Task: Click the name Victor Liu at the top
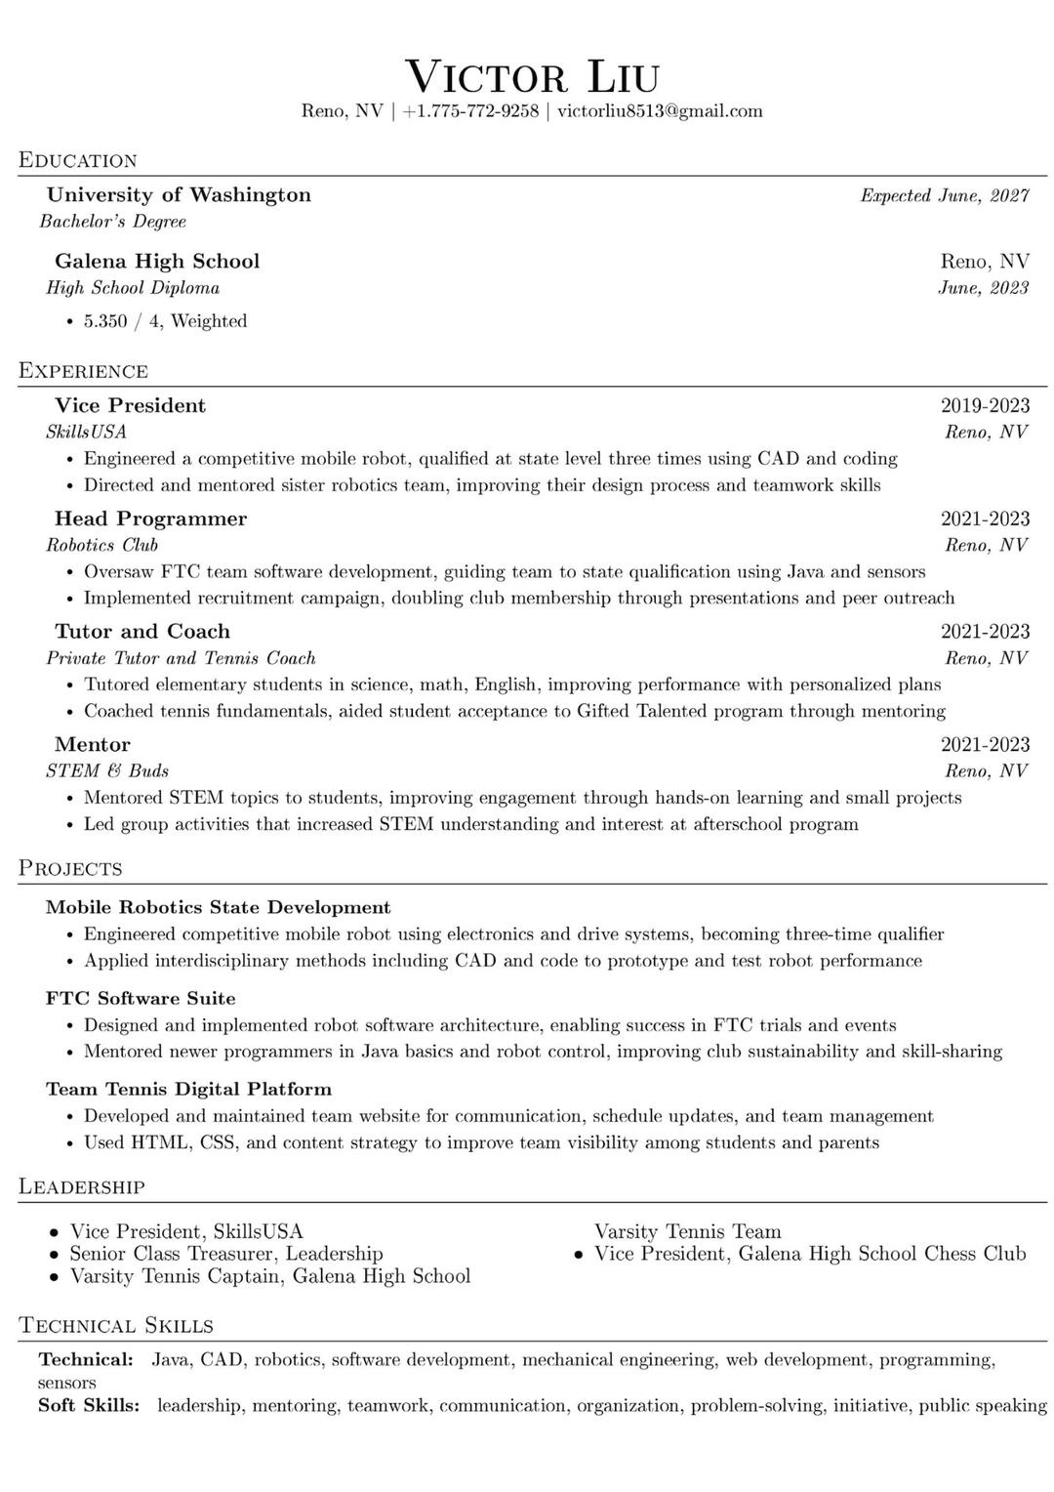532,77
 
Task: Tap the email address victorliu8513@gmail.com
660,111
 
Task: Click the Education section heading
78,161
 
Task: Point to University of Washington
179,195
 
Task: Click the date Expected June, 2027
944,196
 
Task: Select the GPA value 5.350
105,321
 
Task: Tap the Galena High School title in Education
157,262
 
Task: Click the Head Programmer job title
150,518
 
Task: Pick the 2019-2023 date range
985,405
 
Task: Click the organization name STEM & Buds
107,771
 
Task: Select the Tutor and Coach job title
142,632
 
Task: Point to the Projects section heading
71,869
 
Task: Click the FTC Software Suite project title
141,999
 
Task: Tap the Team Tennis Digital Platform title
188,1090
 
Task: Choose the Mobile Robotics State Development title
218,908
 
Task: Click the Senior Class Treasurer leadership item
225,1254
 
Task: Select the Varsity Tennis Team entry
687,1231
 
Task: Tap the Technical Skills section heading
116,1326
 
